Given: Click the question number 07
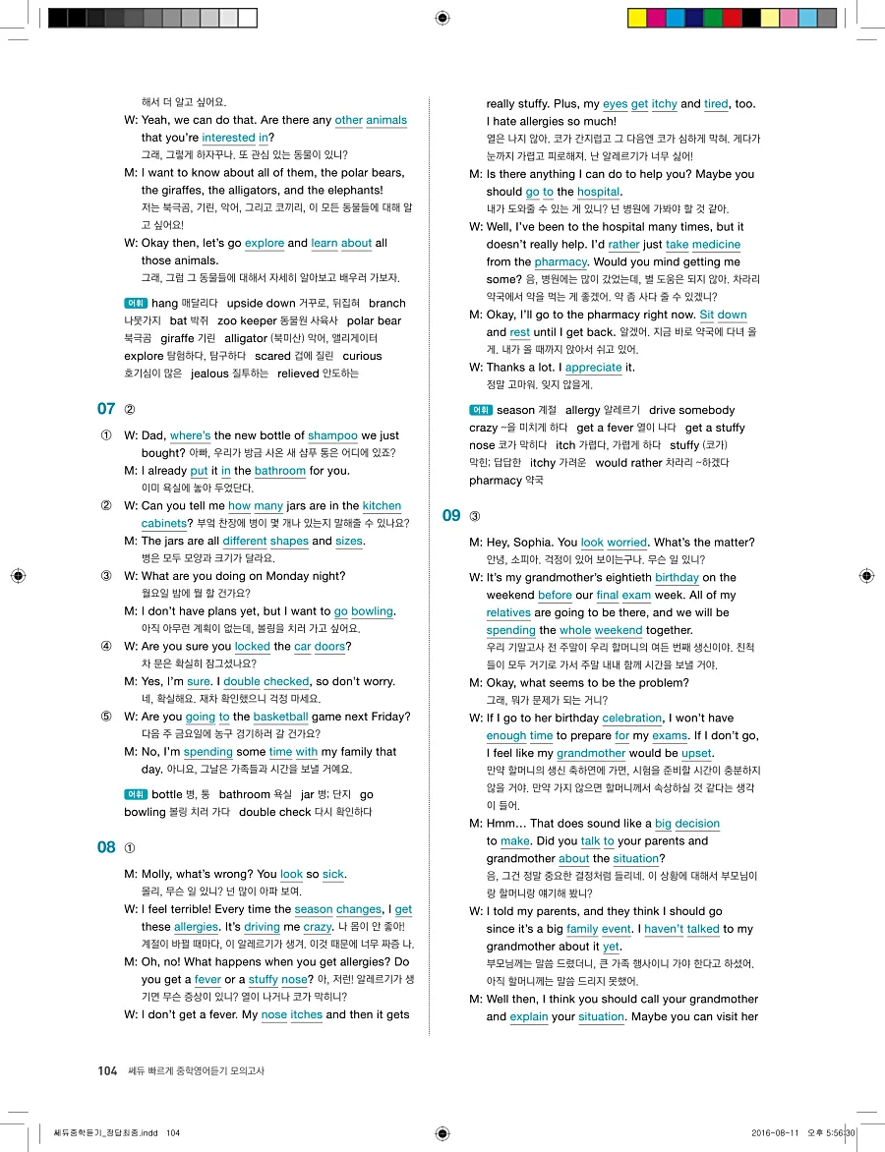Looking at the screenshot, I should pyautogui.click(x=106, y=408).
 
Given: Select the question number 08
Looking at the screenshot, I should pyautogui.click(x=106, y=847).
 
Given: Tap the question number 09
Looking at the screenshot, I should pyautogui.click(x=451, y=515).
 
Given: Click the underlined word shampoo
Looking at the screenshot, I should pyautogui.click(x=332, y=435).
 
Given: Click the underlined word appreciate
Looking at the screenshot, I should pyautogui.click(x=593, y=368).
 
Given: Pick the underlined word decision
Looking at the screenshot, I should pyautogui.click(x=697, y=824).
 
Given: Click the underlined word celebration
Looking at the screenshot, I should pyautogui.click(x=632, y=719).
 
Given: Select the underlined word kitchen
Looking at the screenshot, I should pyautogui.click(x=382, y=506).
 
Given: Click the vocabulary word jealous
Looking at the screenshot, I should pyautogui.click(x=209, y=374).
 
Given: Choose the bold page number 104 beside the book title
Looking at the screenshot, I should pyautogui.click(x=107, y=1070).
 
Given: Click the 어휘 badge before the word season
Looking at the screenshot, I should pyautogui.click(x=481, y=410).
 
